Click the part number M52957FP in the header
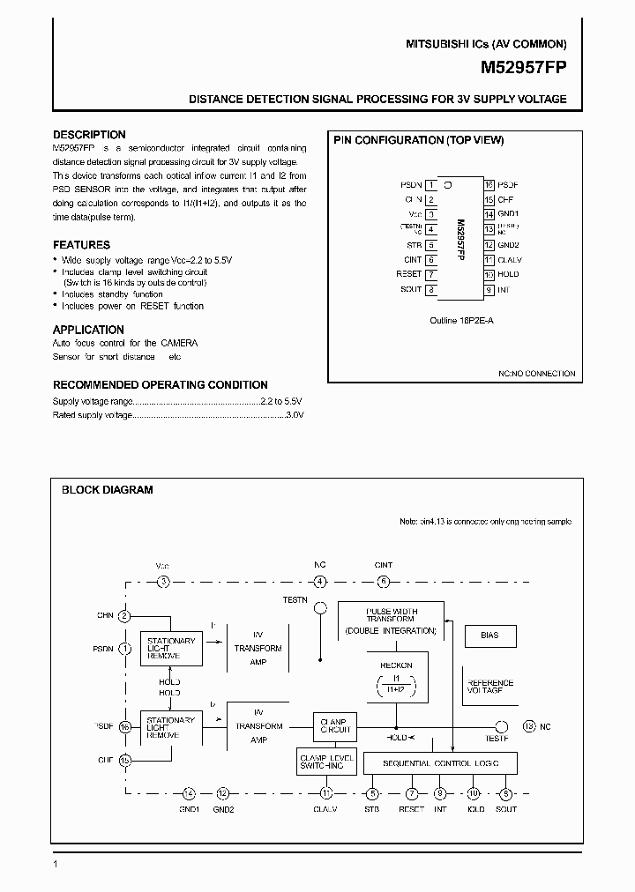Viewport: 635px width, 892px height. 523,67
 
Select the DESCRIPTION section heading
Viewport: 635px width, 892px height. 89,135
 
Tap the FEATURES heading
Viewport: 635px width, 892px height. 81,245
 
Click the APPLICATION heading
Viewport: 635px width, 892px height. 88,330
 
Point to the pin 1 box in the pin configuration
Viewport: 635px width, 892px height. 431,186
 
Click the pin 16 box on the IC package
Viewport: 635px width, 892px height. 488,186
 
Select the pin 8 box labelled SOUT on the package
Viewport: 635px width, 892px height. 431,289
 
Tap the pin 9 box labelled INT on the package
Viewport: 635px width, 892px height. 488,289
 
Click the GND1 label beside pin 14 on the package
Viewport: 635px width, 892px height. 509,215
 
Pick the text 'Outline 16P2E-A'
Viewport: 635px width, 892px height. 461,321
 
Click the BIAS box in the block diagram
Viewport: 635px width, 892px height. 489,635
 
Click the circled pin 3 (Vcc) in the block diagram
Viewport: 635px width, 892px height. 163,581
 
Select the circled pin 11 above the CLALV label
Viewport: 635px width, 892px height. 326,792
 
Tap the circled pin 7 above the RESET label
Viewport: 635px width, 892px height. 411,792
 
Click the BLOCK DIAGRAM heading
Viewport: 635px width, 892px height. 106,490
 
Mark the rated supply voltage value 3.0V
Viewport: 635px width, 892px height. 293,414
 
